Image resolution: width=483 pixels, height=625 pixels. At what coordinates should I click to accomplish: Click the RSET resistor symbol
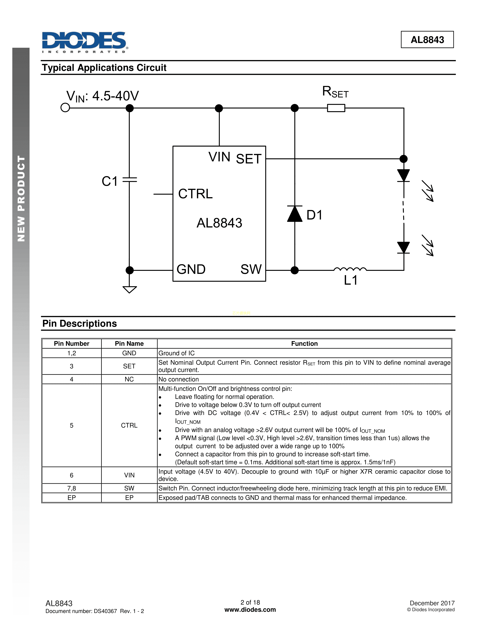click(336, 108)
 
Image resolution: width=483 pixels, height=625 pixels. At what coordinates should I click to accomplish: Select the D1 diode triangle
click(295, 214)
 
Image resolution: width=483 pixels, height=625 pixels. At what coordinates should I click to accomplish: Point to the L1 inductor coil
click(350, 269)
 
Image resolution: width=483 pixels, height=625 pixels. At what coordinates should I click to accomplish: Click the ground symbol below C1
click(130, 289)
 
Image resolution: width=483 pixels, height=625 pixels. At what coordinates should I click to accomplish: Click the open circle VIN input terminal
click(65, 108)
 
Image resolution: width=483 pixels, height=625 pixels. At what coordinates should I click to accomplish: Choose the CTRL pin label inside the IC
click(195, 194)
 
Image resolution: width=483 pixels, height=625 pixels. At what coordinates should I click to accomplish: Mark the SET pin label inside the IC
click(249, 159)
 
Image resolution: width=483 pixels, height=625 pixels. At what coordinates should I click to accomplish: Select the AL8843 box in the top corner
click(427, 40)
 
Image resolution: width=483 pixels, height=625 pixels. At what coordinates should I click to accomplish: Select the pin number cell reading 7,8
click(72, 488)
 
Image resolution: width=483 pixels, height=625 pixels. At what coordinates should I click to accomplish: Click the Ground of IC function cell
click(177, 353)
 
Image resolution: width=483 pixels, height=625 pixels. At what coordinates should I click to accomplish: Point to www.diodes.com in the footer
click(250, 609)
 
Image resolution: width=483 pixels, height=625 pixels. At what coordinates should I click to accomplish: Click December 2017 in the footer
click(432, 603)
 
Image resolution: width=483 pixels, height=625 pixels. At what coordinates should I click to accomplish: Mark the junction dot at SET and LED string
click(403, 159)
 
